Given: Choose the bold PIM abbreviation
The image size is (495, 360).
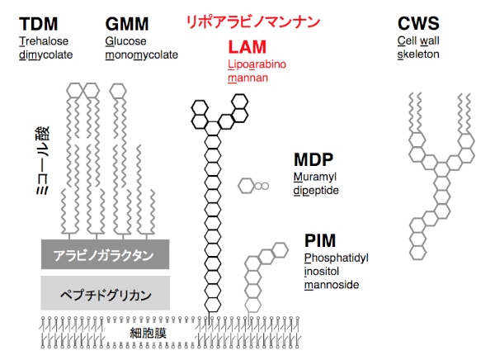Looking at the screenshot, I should [x=319, y=241].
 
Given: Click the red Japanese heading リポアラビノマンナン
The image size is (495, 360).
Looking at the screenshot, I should [x=252, y=21].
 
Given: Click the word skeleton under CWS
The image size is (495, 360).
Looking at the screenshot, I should [x=418, y=54].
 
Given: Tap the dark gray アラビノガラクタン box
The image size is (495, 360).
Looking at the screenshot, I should [x=106, y=255].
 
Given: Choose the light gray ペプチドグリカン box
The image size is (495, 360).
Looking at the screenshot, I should [x=106, y=293].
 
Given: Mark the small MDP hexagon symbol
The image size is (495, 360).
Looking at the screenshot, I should [x=247, y=187].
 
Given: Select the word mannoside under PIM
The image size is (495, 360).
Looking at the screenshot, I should [x=330, y=286].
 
